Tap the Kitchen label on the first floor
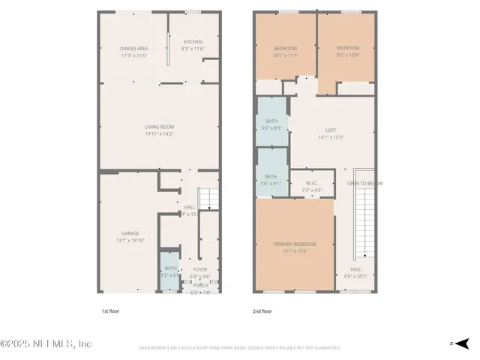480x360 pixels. coord(193,42)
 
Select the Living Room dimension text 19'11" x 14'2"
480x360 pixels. coord(160,134)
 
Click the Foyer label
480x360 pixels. coord(200,269)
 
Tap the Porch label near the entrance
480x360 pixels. coord(200,285)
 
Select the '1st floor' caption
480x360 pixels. coord(110,310)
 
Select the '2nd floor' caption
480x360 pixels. coord(261,310)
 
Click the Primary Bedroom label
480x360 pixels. coord(295,244)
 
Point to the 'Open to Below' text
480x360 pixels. coord(364,183)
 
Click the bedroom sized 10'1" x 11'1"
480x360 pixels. coord(285,50)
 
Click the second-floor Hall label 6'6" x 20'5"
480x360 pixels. coord(356,269)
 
